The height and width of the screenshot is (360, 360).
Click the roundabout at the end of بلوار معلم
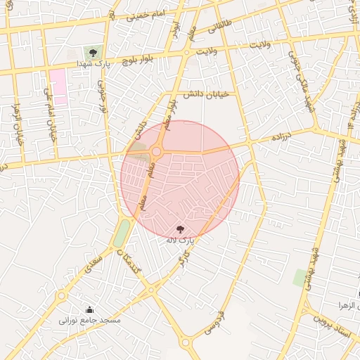156,150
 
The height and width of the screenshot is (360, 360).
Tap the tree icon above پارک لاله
180,229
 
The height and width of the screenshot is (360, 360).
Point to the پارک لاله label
177,240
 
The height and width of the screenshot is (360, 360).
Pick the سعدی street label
92,265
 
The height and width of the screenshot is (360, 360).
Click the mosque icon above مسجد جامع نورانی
89,309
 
